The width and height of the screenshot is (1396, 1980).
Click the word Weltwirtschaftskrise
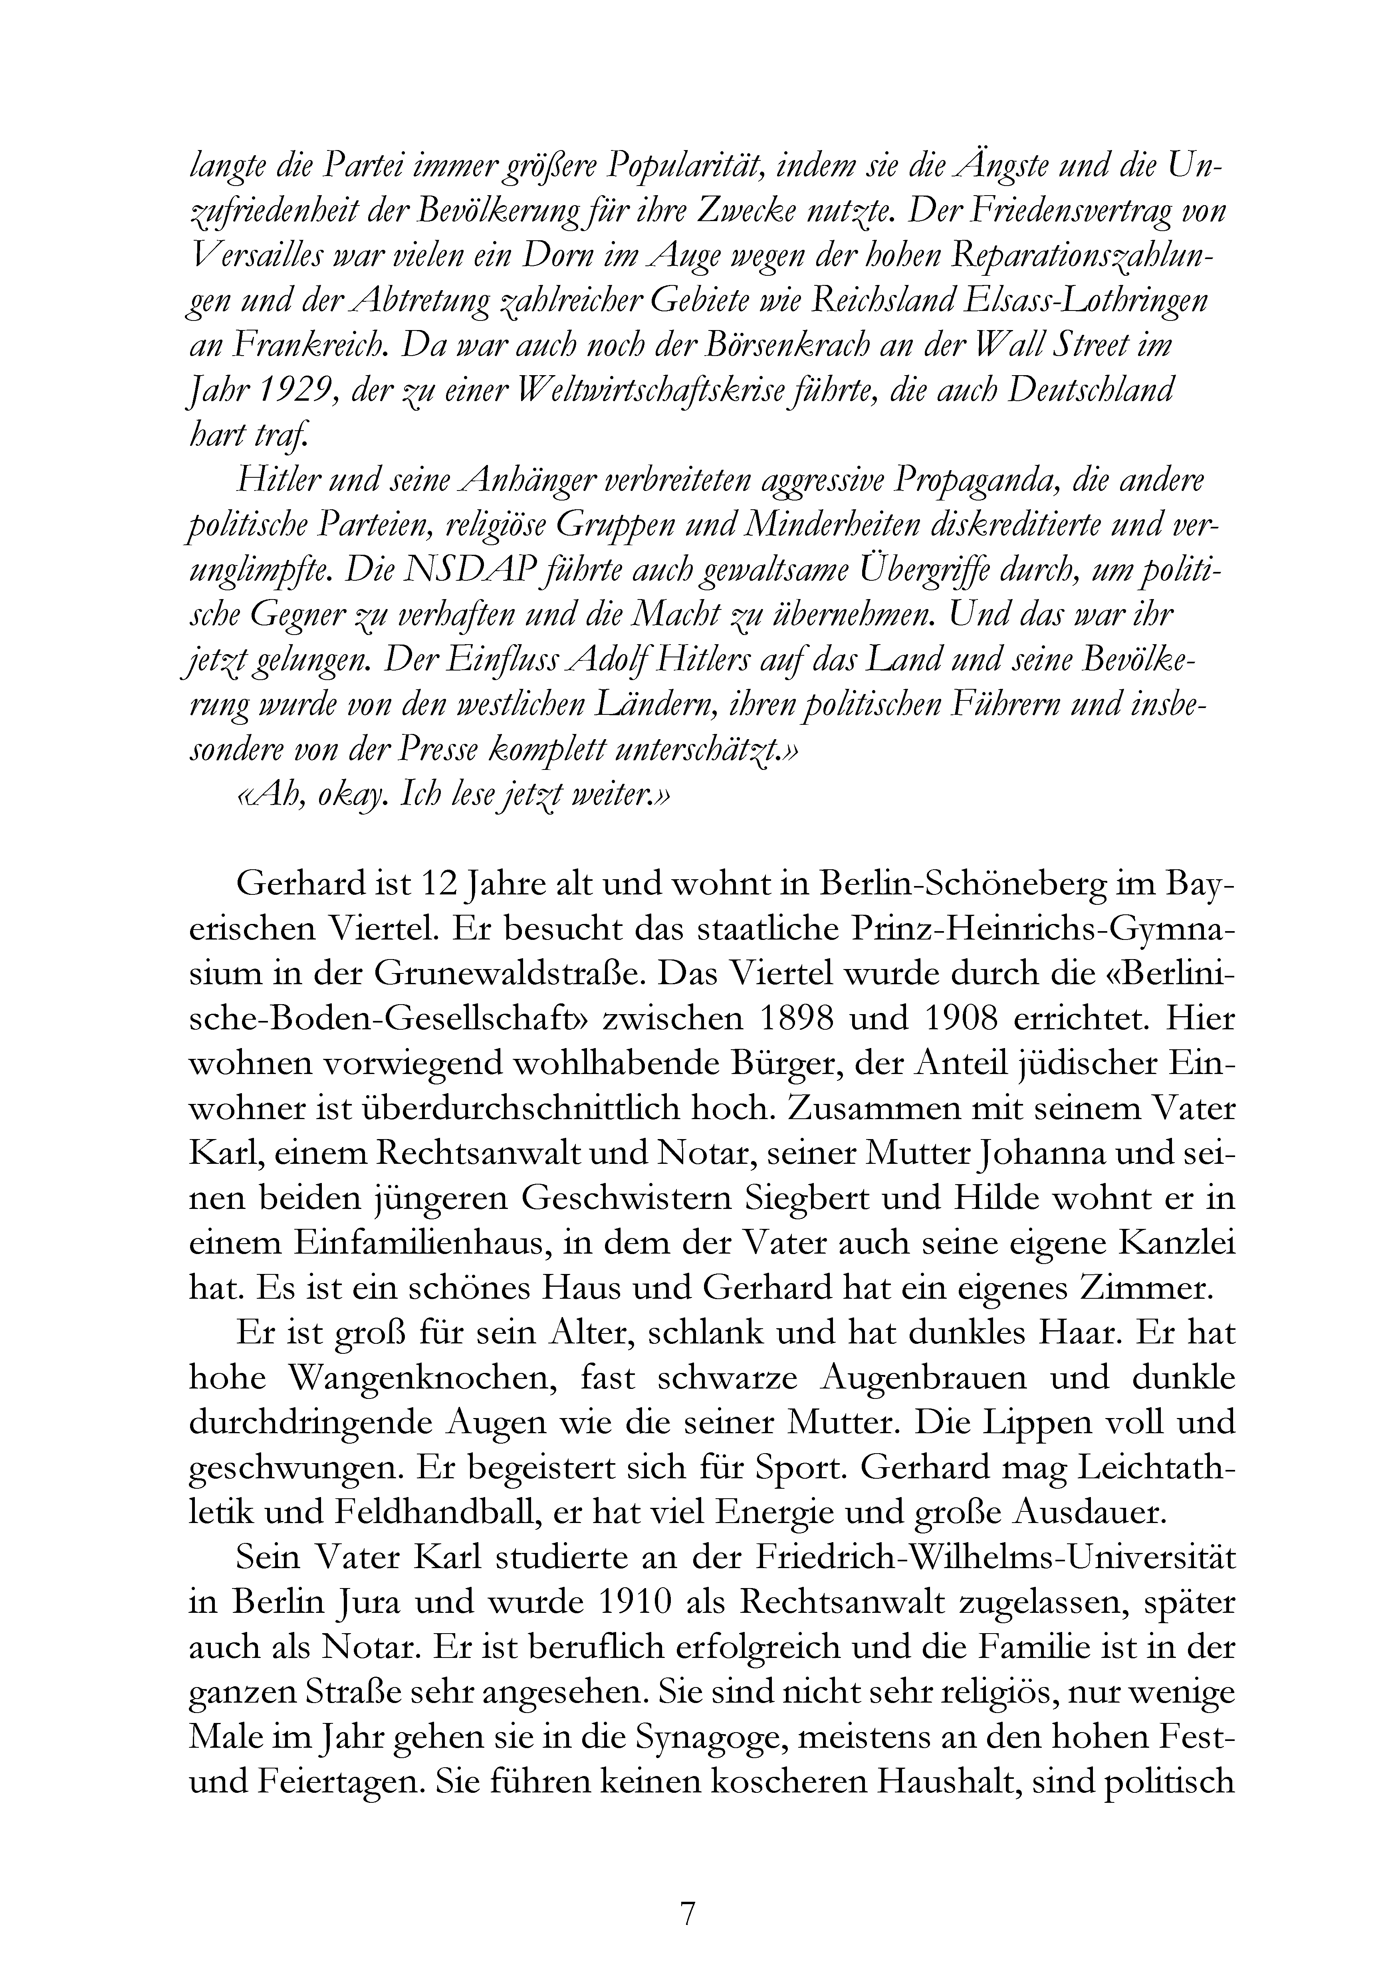pyautogui.click(x=637, y=392)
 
